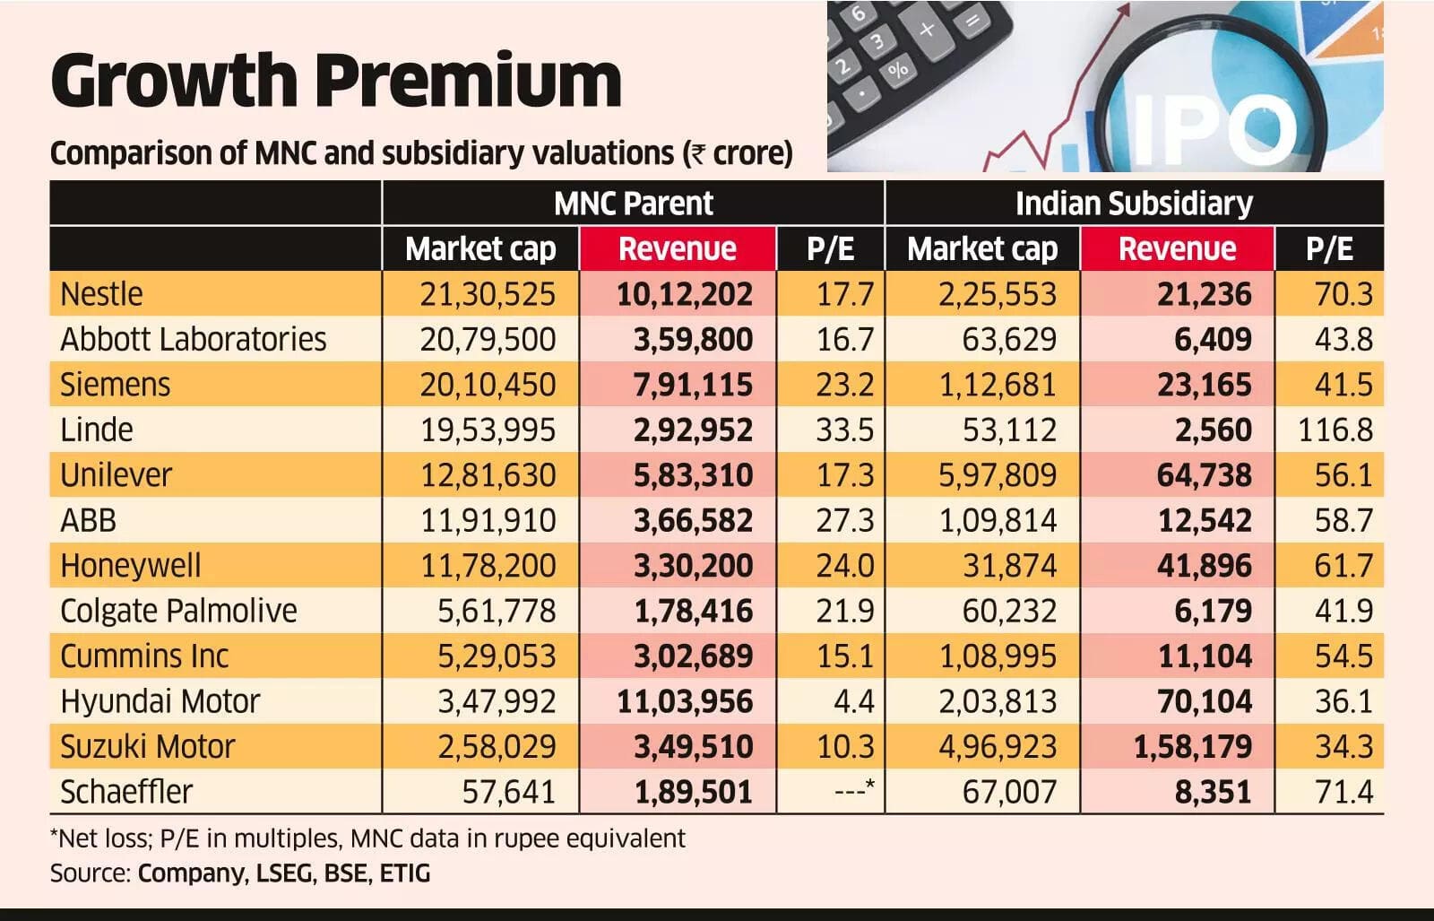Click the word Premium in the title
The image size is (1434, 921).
(x=469, y=81)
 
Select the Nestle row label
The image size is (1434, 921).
(x=101, y=294)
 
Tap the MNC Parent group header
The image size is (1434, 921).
(x=633, y=204)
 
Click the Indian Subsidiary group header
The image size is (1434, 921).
(x=1134, y=204)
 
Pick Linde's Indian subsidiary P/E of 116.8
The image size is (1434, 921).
(x=1335, y=430)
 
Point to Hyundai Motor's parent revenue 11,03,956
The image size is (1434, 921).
(x=685, y=701)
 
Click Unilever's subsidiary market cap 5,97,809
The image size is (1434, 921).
(x=998, y=475)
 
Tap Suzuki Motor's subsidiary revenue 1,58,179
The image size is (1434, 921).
(x=1192, y=747)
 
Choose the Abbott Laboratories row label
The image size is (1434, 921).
(x=194, y=340)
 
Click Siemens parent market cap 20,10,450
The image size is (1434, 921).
(x=488, y=385)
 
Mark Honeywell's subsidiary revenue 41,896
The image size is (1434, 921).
(x=1205, y=566)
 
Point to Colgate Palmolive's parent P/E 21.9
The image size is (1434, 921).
(x=844, y=611)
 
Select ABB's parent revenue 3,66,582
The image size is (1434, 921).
(x=693, y=521)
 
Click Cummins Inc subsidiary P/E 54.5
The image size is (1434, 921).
(x=1343, y=656)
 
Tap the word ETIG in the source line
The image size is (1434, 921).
(x=404, y=873)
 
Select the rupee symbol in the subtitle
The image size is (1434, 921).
(x=695, y=154)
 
